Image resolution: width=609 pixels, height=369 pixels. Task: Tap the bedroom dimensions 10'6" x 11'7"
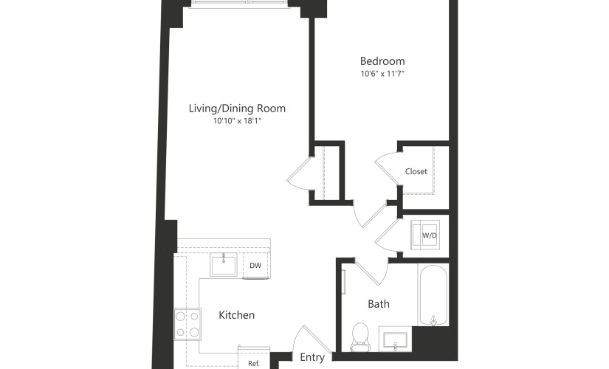click(x=382, y=74)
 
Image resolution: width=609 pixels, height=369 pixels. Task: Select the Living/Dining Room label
click(x=237, y=108)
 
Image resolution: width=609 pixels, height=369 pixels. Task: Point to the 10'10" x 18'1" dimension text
click(x=237, y=121)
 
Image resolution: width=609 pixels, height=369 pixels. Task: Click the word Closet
click(x=416, y=171)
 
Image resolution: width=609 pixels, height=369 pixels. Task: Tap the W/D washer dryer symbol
click(x=426, y=235)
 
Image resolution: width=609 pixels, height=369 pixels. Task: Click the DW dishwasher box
click(x=255, y=266)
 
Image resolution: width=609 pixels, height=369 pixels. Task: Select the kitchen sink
click(x=224, y=264)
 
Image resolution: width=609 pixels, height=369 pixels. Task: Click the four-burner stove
click(x=187, y=324)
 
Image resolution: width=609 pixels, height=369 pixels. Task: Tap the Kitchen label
click(x=236, y=314)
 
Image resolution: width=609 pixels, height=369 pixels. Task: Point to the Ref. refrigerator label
click(x=254, y=364)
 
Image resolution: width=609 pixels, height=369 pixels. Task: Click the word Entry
click(x=312, y=357)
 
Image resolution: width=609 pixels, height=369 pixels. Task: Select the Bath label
click(x=379, y=304)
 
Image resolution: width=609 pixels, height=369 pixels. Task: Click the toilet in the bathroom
click(x=360, y=337)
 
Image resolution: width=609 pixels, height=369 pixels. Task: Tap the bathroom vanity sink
click(x=395, y=339)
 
